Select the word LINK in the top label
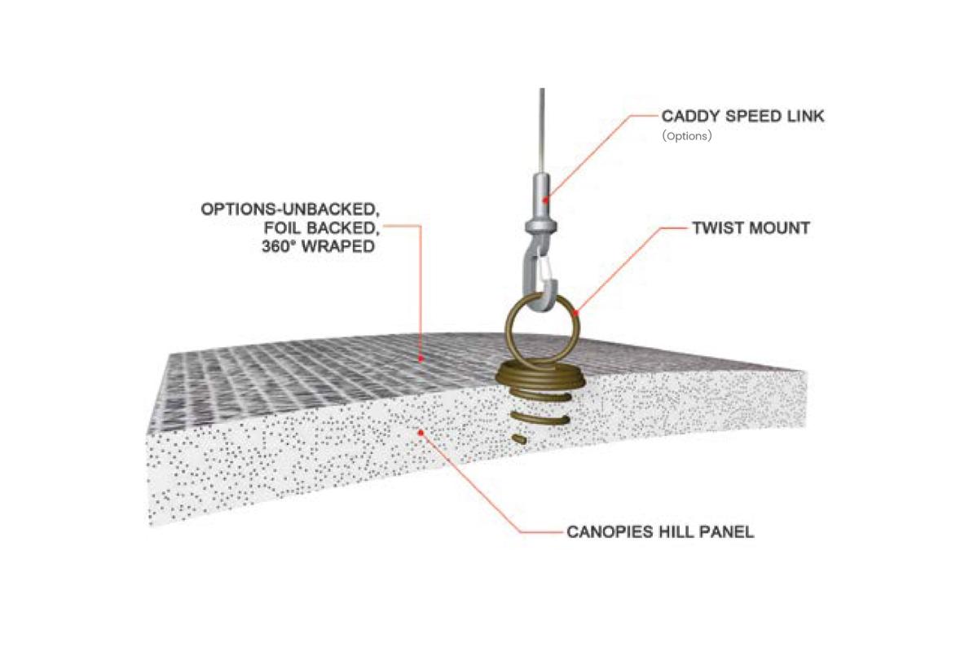806,117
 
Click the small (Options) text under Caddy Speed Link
687,136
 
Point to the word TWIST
716,228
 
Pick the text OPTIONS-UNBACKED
290,209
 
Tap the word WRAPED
338,247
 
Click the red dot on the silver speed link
545,200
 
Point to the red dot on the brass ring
575,313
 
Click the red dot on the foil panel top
421,359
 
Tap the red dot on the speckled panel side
421,432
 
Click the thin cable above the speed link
542,131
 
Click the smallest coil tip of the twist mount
519,438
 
